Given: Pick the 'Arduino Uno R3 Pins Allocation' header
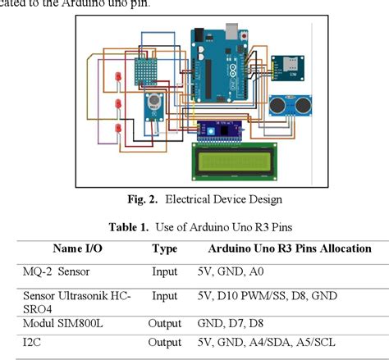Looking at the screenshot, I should pyautogui.click(x=289, y=248).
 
